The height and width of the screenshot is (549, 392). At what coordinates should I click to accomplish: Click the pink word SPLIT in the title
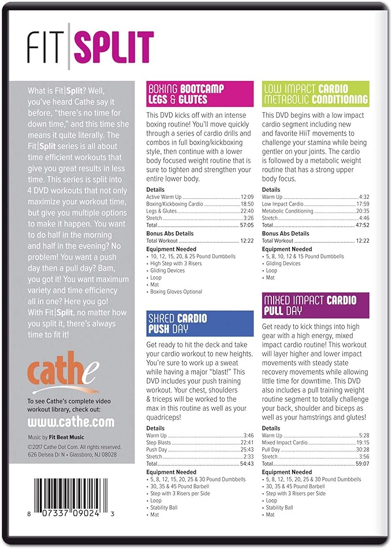tap(115, 46)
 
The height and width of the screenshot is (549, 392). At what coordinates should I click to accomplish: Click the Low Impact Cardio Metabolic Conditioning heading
tap(315, 94)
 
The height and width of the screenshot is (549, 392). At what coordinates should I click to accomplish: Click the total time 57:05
tap(247, 225)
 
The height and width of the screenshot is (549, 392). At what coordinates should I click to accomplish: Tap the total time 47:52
tap(362, 225)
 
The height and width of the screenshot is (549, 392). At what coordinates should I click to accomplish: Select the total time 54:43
tap(247, 463)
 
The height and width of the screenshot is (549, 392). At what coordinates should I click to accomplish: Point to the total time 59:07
tap(362, 463)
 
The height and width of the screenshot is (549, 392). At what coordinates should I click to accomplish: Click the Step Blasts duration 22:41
tap(247, 442)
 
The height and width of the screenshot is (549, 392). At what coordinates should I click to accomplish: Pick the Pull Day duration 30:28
tap(362, 449)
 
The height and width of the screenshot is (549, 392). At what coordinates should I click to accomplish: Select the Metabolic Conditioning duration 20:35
tap(362, 212)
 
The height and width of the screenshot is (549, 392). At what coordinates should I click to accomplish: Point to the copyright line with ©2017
tap(74, 447)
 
